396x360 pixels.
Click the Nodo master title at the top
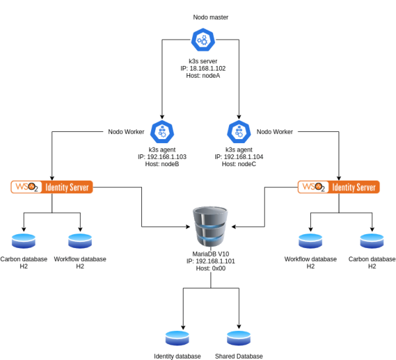pyautogui.click(x=211, y=17)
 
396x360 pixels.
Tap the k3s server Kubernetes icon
pyautogui.click(x=203, y=41)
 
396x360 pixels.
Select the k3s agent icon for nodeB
pyautogui.click(x=162, y=132)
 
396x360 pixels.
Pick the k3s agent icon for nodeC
pyautogui.click(x=238, y=132)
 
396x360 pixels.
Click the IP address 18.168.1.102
pyautogui.click(x=203, y=69)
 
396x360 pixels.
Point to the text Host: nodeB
pyautogui.click(x=162, y=164)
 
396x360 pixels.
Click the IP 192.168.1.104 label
pyautogui.click(x=238, y=157)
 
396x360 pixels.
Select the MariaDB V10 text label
pyautogui.click(x=211, y=254)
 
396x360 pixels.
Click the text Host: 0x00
pyautogui.click(x=211, y=269)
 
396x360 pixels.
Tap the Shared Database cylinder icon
pyautogui.click(x=238, y=338)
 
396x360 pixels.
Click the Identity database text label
pyautogui.click(x=178, y=356)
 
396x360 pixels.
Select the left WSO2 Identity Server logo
pyautogui.click(x=52, y=187)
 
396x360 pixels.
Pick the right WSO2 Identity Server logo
pyautogui.click(x=339, y=187)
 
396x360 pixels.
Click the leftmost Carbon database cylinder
pyautogui.click(x=24, y=241)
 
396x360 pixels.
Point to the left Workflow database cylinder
pyautogui.click(x=80, y=241)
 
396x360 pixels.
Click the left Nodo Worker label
pyautogui.click(x=127, y=132)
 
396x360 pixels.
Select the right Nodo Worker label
pyautogui.click(x=275, y=132)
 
